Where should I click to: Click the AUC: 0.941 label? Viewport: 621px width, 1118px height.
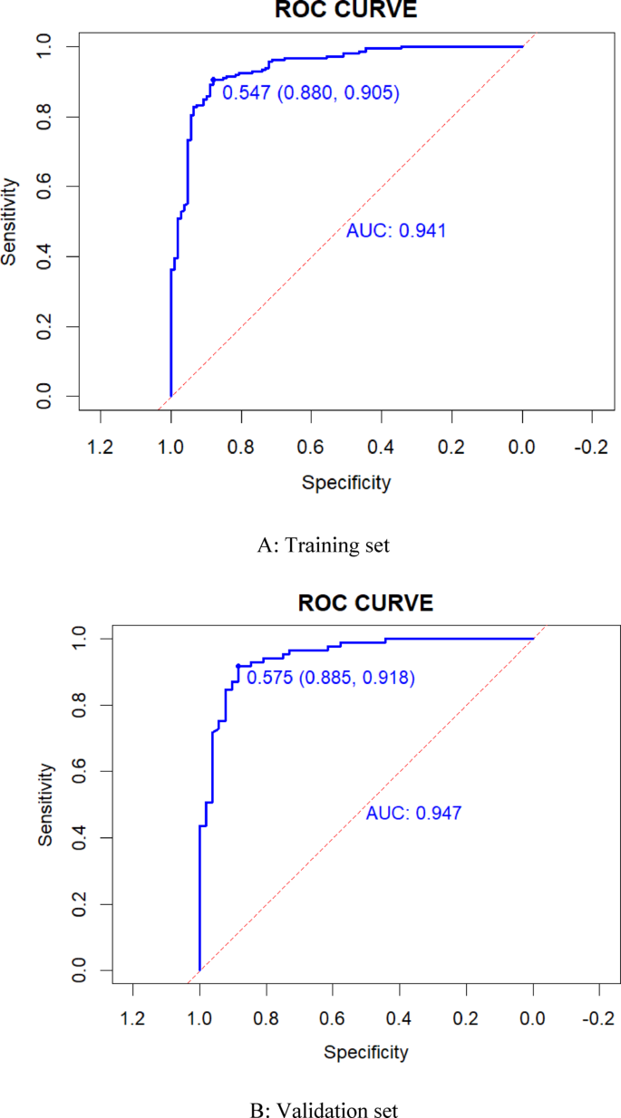[x=396, y=231]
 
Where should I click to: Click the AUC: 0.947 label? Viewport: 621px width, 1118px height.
[x=413, y=814]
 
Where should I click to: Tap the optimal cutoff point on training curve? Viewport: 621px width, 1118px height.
[x=213, y=80]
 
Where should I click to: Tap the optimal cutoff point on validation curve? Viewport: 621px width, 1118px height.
[x=238, y=666]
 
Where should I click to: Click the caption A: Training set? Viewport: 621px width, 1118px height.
[x=310, y=545]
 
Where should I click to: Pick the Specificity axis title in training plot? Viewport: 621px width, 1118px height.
[x=345, y=483]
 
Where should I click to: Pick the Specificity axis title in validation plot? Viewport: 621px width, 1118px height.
[x=365, y=1052]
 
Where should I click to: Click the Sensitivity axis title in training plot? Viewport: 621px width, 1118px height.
[x=10, y=221]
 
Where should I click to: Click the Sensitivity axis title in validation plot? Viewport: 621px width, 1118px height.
[x=46, y=805]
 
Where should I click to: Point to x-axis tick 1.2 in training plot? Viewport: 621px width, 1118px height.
[x=100, y=447]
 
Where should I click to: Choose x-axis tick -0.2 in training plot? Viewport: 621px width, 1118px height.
[x=591, y=447]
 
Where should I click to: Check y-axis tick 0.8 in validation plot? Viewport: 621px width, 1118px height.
[x=81, y=705]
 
